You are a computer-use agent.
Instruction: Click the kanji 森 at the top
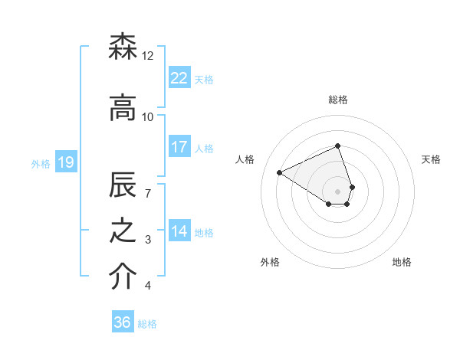click(x=123, y=48)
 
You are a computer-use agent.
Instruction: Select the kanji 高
click(x=123, y=109)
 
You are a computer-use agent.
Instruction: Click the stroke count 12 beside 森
click(x=148, y=56)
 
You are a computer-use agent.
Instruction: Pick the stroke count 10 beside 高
click(x=148, y=116)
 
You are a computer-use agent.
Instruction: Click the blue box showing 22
click(x=179, y=77)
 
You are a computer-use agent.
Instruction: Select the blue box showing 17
click(x=179, y=146)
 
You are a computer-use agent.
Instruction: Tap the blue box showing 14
click(x=179, y=231)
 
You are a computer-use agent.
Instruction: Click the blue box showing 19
click(x=66, y=162)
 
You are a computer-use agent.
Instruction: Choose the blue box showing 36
click(x=123, y=322)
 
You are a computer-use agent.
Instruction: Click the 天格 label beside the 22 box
click(x=204, y=79)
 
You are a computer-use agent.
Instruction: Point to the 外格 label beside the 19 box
click(x=41, y=163)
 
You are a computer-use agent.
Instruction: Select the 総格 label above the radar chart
click(x=338, y=100)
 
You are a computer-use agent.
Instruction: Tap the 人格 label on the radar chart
click(x=245, y=159)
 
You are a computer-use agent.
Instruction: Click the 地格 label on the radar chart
click(x=402, y=262)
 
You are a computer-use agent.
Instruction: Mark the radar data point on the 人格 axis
click(x=280, y=173)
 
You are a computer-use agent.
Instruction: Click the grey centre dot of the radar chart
click(x=338, y=191)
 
